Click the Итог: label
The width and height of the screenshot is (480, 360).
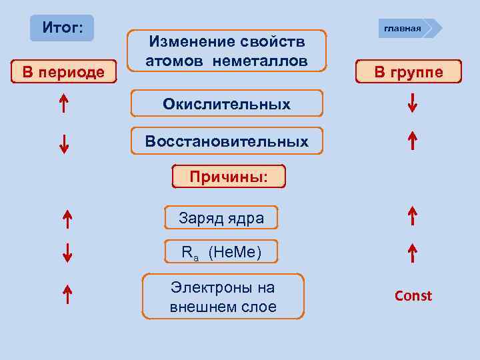[63, 28]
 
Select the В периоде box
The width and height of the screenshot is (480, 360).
[63, 71]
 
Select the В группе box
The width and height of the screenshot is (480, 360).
[408, 71]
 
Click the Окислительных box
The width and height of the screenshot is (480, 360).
[227, 104]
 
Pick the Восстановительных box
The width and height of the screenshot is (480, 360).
[227, 141]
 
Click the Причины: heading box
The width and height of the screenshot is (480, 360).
[228, 177]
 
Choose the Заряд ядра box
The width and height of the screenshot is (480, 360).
[221, 218]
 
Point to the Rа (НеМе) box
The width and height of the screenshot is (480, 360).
[221, 252]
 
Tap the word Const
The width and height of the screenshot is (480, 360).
[413, 295]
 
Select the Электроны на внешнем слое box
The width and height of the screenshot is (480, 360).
[223, 297]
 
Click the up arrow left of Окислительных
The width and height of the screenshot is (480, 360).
[63, 104]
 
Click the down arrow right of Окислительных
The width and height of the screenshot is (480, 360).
[413, 103]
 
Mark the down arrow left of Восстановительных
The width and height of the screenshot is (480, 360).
[64, 143]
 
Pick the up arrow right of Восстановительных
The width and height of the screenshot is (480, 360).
[413, 141]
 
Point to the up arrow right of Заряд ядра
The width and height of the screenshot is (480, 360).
[413, 216]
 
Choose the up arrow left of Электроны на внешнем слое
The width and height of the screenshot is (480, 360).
[67, 293]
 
